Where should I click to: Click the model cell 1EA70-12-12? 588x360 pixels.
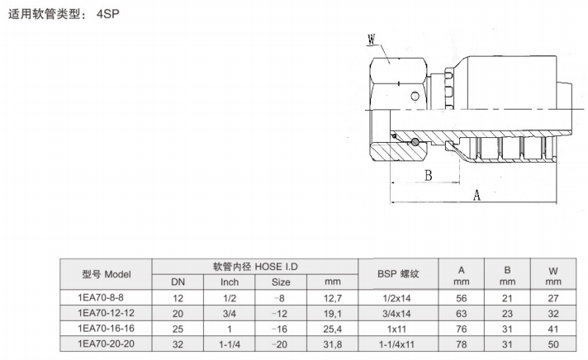(x=105, y=313)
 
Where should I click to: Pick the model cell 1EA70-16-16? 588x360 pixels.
(x=105, y=329)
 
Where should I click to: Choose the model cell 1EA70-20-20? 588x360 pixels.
(x=105, y=343)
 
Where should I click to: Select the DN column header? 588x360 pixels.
(x=179, y=282)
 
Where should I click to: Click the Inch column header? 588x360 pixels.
(x=230, y=282)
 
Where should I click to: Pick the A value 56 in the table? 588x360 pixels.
(x=463, y=297)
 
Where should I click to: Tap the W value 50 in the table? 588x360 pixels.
(x=553, y=343)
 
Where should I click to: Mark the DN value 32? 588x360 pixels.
(x=179, y=343)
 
